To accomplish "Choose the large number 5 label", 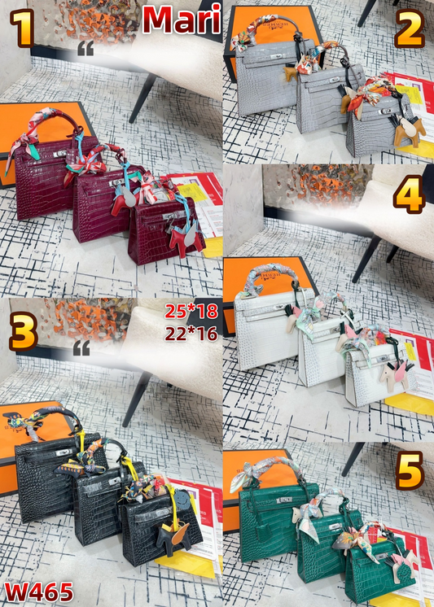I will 409,474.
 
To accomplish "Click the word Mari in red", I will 181,20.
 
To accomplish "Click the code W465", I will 39,590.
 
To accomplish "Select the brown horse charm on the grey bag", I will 405,130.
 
